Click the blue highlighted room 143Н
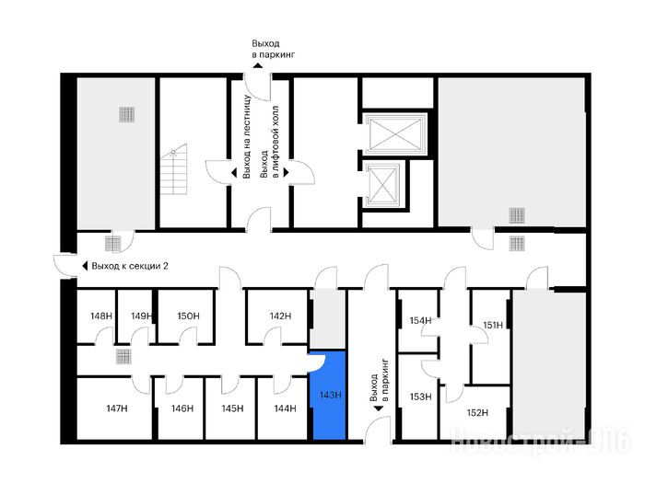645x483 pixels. click(x=330, y=395)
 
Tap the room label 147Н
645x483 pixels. click(x=117, y=408)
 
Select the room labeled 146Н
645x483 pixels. click(x=182, y=408)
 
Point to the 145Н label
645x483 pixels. click(x=232, y=408)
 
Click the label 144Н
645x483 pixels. click(x=285, y=408)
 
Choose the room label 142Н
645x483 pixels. click(x=280, y=316)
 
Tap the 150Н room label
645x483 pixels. click(x=188, y=316)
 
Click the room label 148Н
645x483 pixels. click(x=101, y=316)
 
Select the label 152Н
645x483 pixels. click(x=477, y=412)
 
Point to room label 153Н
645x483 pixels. click(x=420, y=397)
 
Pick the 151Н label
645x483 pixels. click(x=493, y=326)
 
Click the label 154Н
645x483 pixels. click(x=420, y=320)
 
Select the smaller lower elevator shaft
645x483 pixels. click(x=382, y=185)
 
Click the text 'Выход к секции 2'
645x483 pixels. click(x=130, y=266)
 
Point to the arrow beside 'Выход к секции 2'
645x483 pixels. click(x=85, y=266)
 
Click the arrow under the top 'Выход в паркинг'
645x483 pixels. click(x=258, y=65)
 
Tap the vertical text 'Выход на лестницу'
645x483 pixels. click(x=247, y=137)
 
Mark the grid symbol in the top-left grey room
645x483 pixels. click(x=127, y=115)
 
